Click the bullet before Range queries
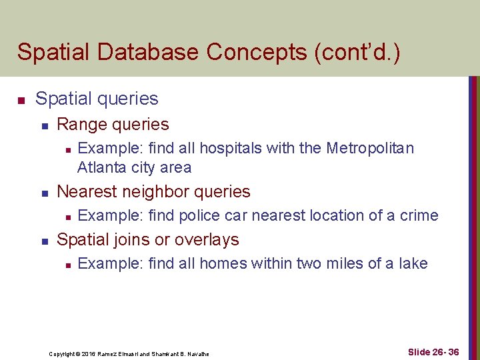(x=43, y=125)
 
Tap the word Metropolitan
(x=370, y=148)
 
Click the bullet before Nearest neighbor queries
(x=43, y=193)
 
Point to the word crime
(x=419, y=215)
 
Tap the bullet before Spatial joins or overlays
(x=43, y=241)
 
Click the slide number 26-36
(x=445, y=352)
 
